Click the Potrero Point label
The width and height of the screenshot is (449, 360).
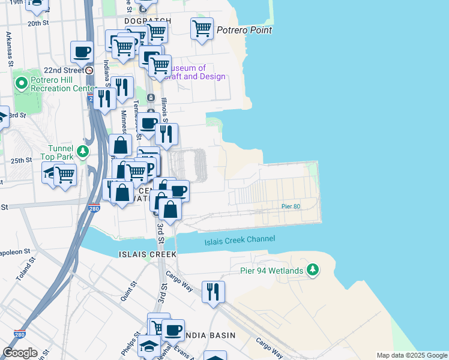point(244,30)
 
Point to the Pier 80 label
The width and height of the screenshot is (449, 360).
point(291,206)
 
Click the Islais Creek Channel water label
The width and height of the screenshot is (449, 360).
point(240,239)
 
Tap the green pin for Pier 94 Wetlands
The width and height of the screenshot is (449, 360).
point(312,270)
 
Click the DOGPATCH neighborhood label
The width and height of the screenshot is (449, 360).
point(148,20)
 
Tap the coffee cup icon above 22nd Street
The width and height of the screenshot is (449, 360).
point(82,51)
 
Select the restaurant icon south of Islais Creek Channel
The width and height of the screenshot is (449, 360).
point(213,292)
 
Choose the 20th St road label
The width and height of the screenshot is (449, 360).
point(37,23)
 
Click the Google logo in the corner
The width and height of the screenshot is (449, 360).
point(20,353)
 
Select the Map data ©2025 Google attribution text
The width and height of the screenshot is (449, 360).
point(411,355)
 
